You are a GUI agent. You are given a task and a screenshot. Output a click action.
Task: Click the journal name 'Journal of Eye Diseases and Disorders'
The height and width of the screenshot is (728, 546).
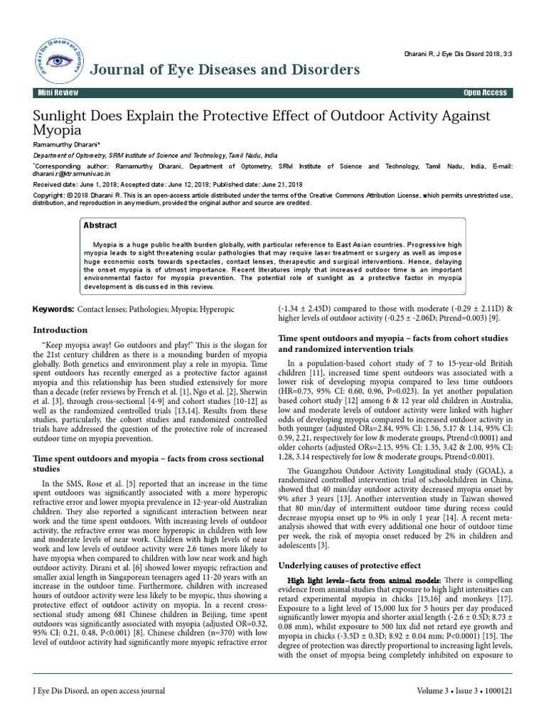[224, 69]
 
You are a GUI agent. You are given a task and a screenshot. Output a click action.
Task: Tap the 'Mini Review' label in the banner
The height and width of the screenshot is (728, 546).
[60, 93]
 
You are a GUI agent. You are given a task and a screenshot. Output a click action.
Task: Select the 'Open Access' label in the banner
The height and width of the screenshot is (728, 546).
[485, 93]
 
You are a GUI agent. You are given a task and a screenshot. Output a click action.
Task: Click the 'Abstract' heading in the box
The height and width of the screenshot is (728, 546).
[100, 224]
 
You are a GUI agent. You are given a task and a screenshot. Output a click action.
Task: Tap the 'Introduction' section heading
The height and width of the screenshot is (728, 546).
[61, 330]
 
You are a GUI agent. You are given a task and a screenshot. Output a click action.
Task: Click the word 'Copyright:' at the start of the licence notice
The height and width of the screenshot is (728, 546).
[49, 194]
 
